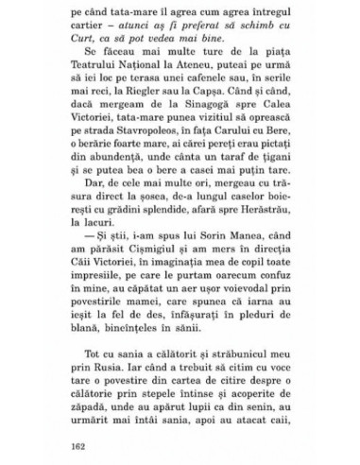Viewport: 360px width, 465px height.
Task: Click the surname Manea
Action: click(x=237, y=254)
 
